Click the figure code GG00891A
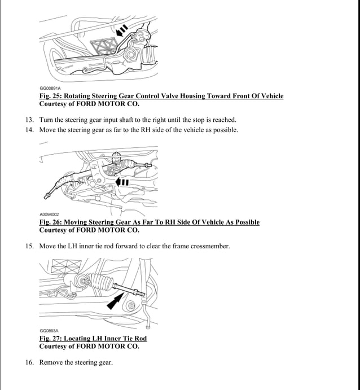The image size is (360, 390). click(50, 88)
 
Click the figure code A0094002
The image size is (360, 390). click(49, 214)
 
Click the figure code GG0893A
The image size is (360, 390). click(49, 331)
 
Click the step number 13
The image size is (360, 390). click(29, 120)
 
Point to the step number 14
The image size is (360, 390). click(29, 130)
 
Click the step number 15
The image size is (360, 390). click(29, 246)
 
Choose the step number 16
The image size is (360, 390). click(29, 362)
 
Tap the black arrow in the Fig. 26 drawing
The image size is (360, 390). click(122, 182)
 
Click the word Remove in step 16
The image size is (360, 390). click(51, 362)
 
